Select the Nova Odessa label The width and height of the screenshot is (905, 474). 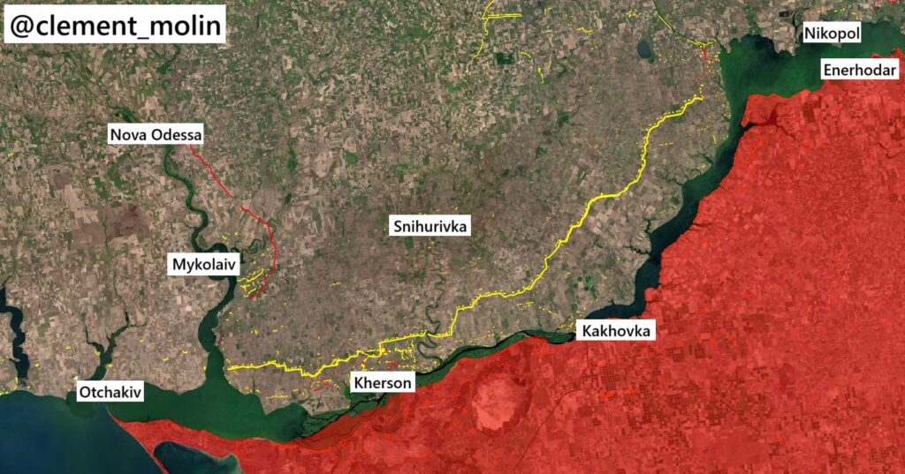[x=156, y=135]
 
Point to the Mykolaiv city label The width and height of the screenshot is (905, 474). [x=204, y=264]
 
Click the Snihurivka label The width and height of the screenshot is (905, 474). [x=430, y=227]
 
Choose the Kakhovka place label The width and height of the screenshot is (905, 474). [x=617, y=331]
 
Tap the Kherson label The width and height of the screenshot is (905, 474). [x=382, y=383]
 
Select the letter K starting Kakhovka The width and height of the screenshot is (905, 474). [x=585, y=331]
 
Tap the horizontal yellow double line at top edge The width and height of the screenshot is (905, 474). [x=501, y=15]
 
